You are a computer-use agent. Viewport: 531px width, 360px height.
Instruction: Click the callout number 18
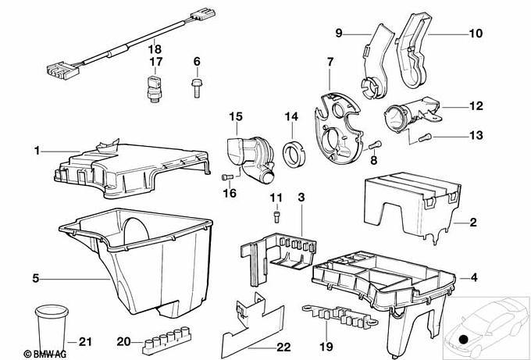(x=155, y=45)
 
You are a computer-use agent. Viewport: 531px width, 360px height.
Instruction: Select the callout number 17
(x=155, y=61)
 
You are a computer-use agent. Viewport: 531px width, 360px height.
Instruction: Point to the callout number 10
(x=476, y=34)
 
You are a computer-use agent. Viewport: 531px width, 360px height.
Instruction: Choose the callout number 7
(x=330, y=61)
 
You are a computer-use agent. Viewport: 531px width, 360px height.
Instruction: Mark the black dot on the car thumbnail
(x=464, y=339)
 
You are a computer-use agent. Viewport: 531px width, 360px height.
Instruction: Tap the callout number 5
(x=34, y=277)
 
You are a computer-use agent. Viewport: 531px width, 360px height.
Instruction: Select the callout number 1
(x=34, y=148)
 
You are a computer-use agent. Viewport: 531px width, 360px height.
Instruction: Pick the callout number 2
(x=473, y=223)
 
